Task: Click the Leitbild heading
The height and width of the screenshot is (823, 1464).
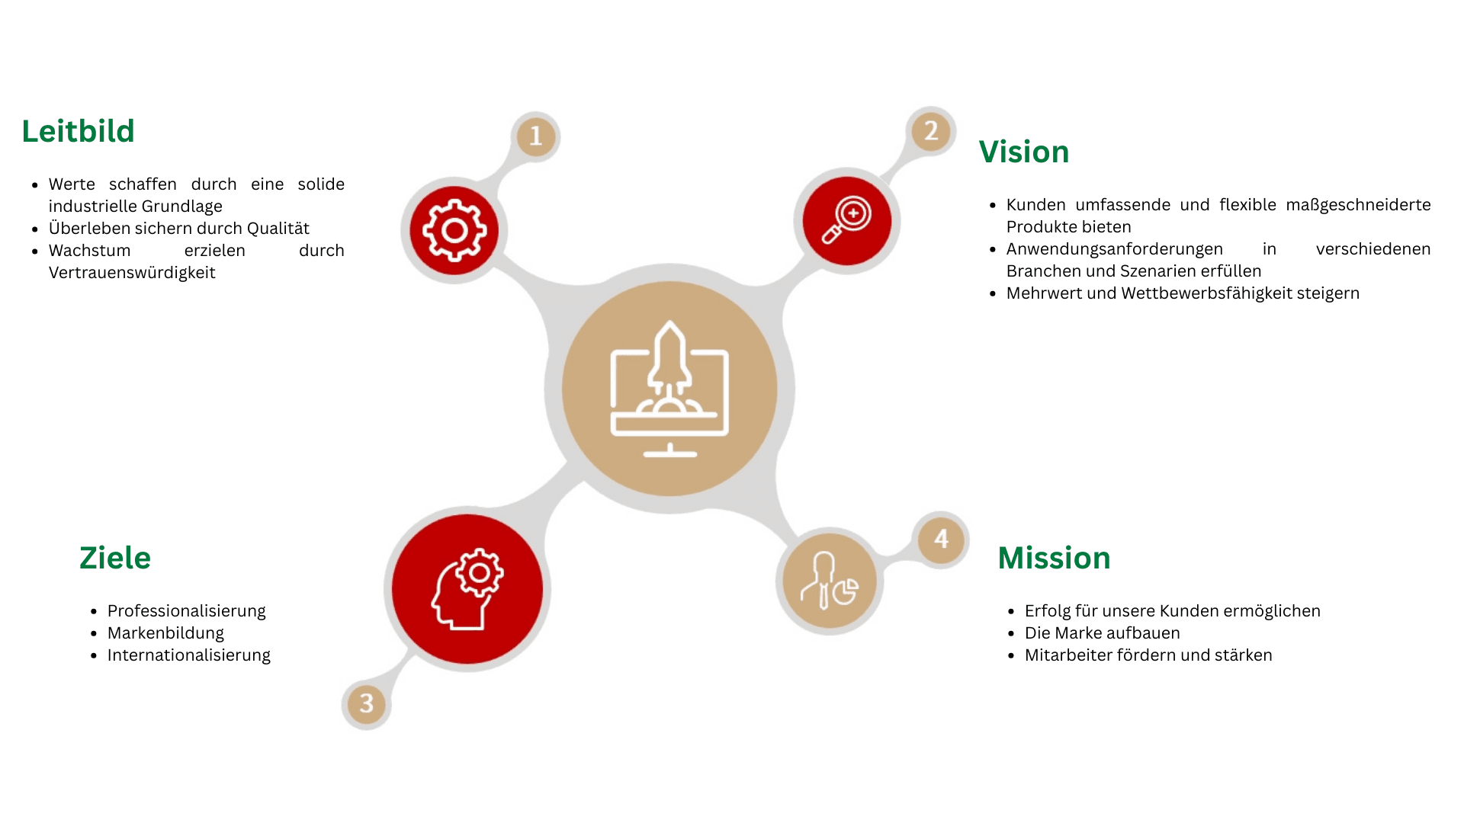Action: [x=78, y=131]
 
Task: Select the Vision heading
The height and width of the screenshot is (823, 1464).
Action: [x=1024, y=152]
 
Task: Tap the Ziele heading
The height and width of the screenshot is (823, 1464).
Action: [x=115, y=558]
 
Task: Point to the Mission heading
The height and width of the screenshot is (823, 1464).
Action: [x=1054, y=558]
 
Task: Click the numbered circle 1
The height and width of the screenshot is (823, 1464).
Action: [x=536, y=136]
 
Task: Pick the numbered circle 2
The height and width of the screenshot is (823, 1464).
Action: [x=931, y=131]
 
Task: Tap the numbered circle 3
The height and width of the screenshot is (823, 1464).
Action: [x=367, y=703]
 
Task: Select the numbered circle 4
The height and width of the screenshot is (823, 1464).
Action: [x=942, y=539]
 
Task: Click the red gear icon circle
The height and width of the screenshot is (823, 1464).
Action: [x=454, y=230]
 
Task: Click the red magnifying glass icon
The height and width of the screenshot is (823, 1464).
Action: [x=847, y=221]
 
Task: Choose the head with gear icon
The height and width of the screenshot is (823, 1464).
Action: [x=467, y=589]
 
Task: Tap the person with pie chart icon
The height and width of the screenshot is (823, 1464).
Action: [x=830, y=581]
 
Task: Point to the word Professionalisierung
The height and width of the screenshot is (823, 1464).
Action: [x=187, y=611]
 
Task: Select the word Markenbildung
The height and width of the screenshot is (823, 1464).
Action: [x=165, y=633]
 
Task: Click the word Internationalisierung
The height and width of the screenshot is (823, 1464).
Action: [x=189, y=655]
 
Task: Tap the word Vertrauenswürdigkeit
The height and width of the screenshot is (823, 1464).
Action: [x=132, y=273]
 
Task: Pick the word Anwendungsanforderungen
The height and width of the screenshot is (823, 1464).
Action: [x=1115, y=249]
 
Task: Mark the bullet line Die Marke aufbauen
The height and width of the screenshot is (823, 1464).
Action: [x=1103, y=633]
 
